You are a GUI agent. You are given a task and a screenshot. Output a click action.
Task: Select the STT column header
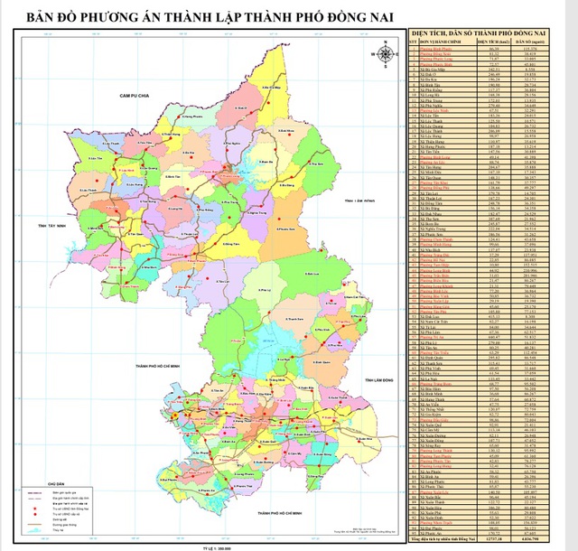coord(413,40)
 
